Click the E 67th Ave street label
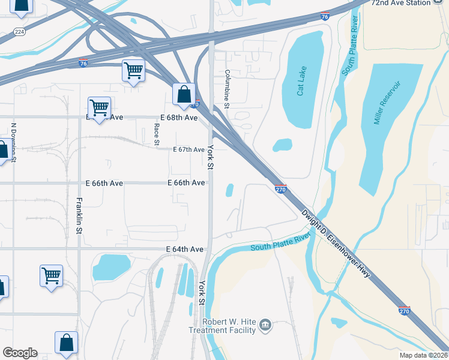coord(189,149)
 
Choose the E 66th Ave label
coord(186,182)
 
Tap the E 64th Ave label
coord(185,248)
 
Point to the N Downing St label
coord(13,143)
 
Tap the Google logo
coord(20,353)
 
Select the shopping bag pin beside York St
coord(184,94)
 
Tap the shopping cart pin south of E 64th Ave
coord(52,275)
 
